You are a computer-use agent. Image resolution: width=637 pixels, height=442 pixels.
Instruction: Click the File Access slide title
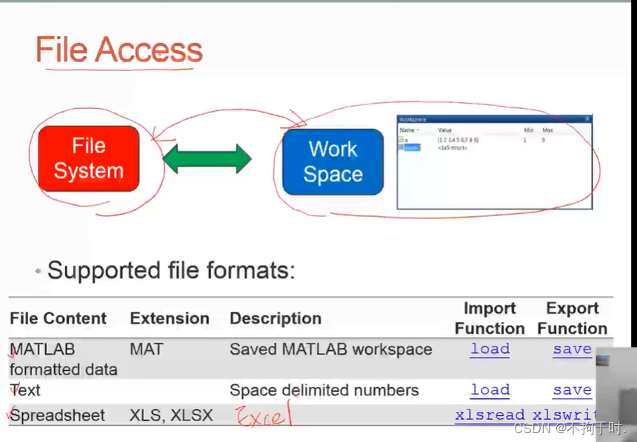coord(119,50)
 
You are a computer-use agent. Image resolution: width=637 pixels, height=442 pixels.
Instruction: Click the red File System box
coord(88,158)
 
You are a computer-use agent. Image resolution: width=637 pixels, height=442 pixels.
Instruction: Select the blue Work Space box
coord(333,161)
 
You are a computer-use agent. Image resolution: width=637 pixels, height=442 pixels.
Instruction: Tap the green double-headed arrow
coord(207,159)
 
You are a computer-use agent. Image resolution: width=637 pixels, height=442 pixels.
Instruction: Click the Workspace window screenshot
coord(494,161)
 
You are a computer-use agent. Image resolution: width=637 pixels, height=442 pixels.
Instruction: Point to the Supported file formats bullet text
coord(171,270)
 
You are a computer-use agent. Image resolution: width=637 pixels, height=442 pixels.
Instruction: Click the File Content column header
coord(58,318)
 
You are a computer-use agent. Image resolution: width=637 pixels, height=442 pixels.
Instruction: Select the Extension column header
coord(170,318)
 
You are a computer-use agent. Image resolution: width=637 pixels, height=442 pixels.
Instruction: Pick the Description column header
coord(276,318)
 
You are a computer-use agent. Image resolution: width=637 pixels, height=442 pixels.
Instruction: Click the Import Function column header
coord(490,318)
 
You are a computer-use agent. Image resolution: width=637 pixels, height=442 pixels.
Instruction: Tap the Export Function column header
coord(572,318)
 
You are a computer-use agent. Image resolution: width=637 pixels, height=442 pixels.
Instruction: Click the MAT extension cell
coord(147,349)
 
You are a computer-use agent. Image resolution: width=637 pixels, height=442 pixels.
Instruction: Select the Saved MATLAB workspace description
coord(330,349)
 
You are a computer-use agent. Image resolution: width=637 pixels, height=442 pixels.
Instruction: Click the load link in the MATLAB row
coord(490,349)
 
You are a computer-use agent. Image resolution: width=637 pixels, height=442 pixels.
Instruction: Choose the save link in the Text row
coord(572,389)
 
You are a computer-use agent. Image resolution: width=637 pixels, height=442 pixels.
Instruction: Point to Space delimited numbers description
coord(324,390)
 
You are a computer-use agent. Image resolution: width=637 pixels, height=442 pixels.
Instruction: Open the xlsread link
coord(490,415)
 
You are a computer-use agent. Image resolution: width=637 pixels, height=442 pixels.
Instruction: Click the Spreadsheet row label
coord(58,415)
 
